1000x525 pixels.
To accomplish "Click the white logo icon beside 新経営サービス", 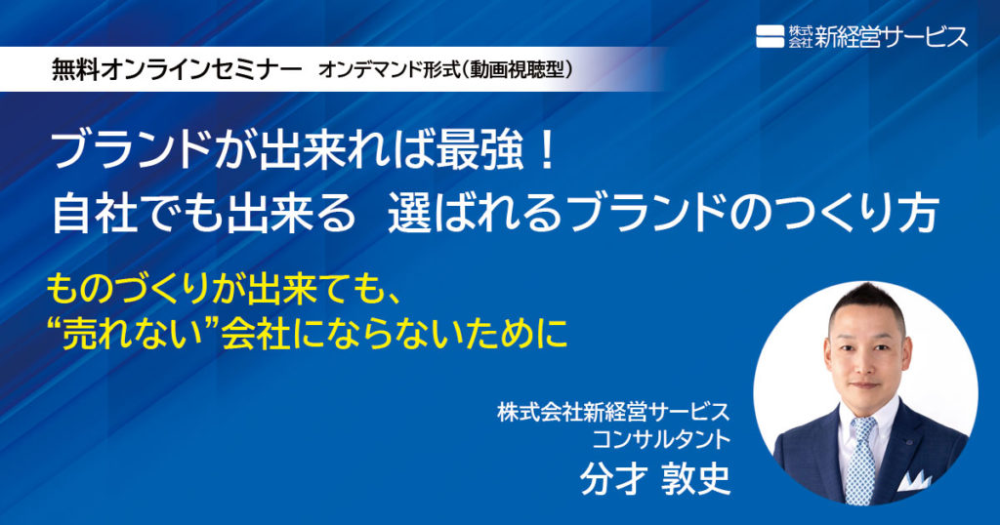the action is [x=770, y=36].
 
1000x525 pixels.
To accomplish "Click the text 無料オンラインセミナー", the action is [x=177, y=70].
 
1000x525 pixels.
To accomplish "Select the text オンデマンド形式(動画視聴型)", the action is [x=444, y=70].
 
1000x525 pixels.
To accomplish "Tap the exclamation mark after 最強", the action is [x=546, y=154].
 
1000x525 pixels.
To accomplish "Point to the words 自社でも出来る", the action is [x=203, y=214].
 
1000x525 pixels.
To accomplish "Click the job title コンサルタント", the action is [x=661, y=439].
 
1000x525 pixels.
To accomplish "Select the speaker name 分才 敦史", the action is [x=655, y=478].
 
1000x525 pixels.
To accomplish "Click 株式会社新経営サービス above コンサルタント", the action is [x=613, y=412].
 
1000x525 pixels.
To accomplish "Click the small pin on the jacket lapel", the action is [x=911, y=441].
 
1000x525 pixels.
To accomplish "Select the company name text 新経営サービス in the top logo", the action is [x=891, y=37].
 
